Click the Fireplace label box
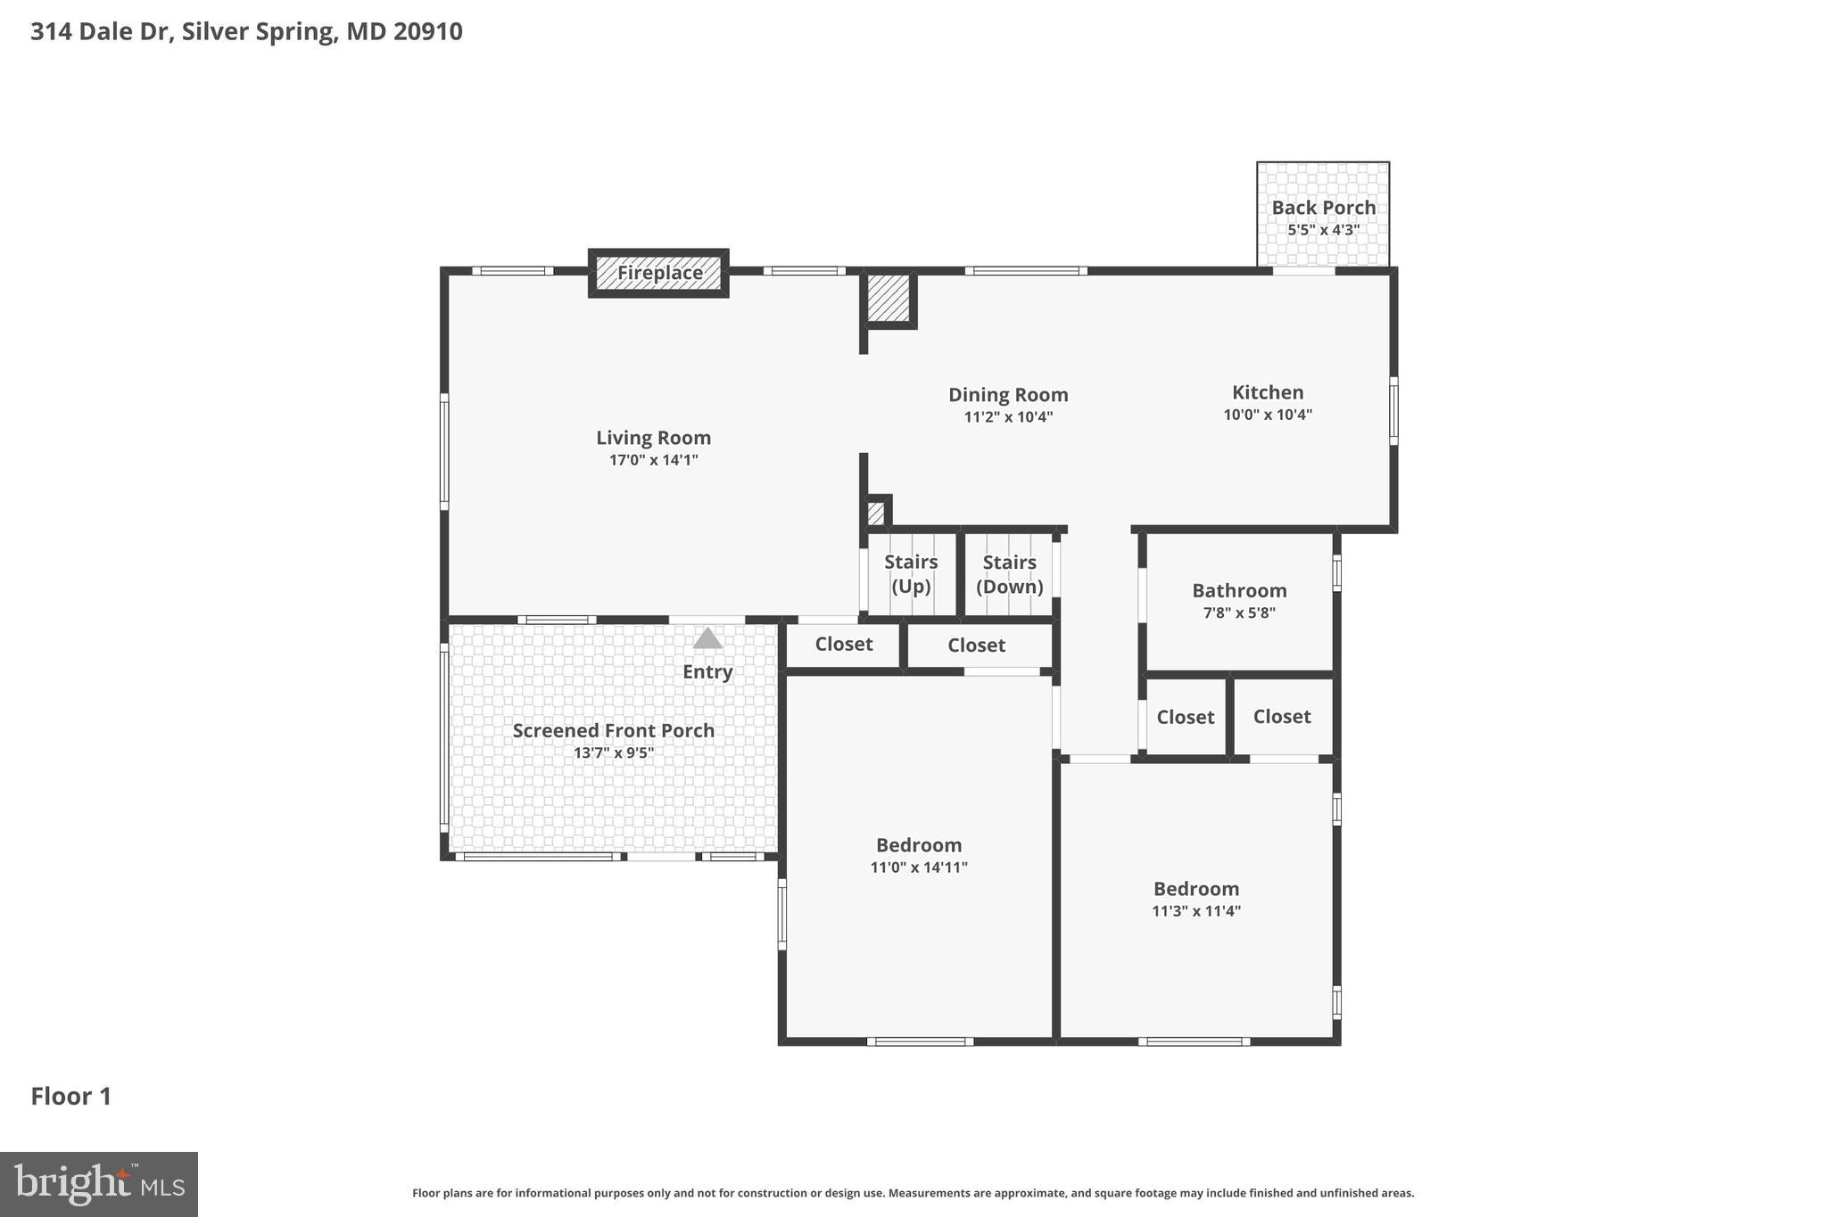pos(658,273)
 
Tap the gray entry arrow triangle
pos(707,638)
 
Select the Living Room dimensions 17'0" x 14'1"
pos(653,460)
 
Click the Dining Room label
pos(1007,395)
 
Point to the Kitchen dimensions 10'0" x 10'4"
pos(1267,415)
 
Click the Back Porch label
pos(1323,208)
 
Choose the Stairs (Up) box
pos(911,574)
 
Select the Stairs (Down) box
pos(1009,574)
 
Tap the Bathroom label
pos(1239,590)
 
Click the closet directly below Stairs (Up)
pos(843,645)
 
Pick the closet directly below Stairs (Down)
pos(976,646)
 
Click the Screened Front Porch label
pos(613,731)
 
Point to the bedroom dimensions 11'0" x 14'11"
pos(919,868)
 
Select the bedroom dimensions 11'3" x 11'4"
pos(1195,911)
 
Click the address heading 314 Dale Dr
pos(246,31)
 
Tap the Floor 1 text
pos(71,1097)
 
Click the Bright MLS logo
pos(98,1184)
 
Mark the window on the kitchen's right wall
pos(1393,410)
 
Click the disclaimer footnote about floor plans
pos(913,1193)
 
